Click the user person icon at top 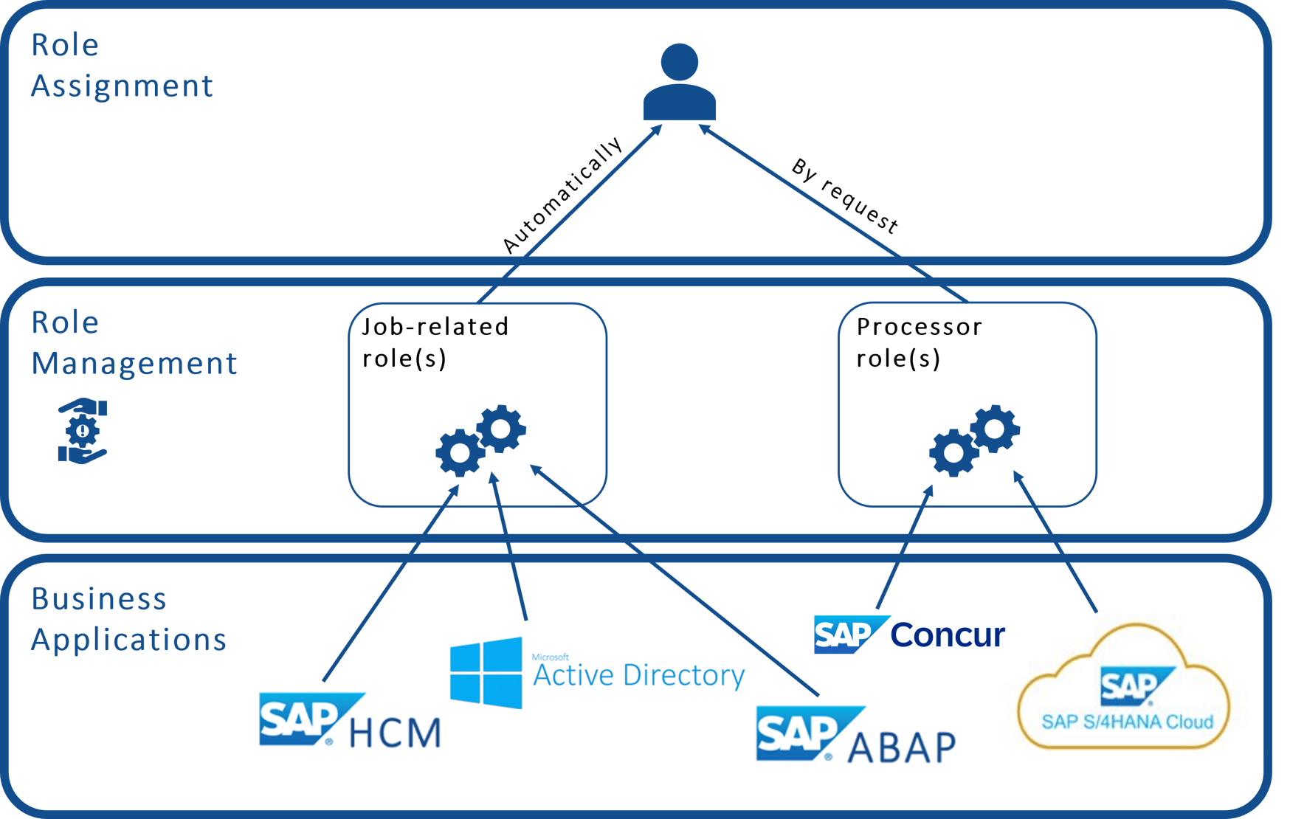(679, 83)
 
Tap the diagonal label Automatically (562, 196)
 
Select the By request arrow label (845, 196)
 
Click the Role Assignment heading (122, 66)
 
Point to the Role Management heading (134, 343)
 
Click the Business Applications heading (128, 619)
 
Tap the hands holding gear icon (83, 431)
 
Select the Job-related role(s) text (435, 342)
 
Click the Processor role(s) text (919, 342)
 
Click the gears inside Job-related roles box (480, 440)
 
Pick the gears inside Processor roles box (974, 440)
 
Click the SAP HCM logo (352, 717)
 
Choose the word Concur (948, 635)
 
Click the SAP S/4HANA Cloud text (1127, 722)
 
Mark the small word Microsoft (550, 657)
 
